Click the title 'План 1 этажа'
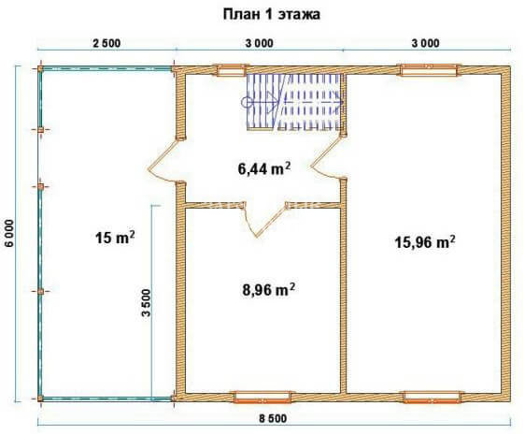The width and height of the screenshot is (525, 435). coord(271,14)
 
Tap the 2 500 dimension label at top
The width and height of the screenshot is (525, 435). coord(106,44)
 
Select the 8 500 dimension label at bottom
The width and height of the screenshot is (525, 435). coord(273,418)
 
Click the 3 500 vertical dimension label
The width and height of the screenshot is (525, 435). coord(147,303)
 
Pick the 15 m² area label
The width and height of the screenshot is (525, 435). coord(115,238)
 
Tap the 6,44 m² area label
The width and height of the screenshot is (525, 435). coord(264,168)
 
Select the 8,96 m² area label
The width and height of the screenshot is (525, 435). coord(268,290)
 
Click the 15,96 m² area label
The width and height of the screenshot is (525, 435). coord(425,242)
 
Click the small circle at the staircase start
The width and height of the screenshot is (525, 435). coord(247,102)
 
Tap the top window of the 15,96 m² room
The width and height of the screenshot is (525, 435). coord(429,70)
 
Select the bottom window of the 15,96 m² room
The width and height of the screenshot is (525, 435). coord(433,397)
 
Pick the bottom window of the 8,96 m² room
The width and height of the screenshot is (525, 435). coord(262,397)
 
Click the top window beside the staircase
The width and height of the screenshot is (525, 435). coord(231,70)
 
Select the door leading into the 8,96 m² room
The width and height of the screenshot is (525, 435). coord(265,219)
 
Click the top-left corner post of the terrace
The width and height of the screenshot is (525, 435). coord(40,69)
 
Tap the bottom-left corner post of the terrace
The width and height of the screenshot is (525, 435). coord(40,399)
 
